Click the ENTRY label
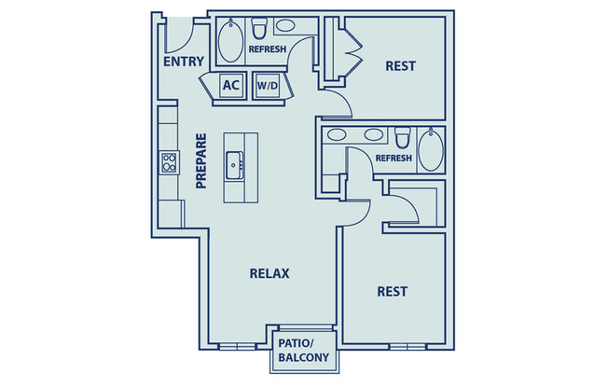183,62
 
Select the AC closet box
231,86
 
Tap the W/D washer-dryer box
268,86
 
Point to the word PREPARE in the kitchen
200,161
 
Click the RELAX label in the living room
269,273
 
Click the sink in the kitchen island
235,169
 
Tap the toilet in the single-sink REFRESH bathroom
260,30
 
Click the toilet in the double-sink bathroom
403,138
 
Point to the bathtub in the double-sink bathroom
431,149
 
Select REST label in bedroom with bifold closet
400,66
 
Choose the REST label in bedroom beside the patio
392,291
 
